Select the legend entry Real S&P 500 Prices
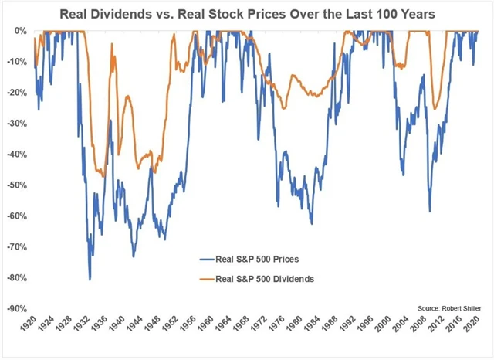click(x=255, y=260)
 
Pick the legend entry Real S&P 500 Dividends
click(x=262, y=278)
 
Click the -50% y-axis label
click(x=16, y=185)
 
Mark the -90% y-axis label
click(x=16, y=308)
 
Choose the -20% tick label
click(x=16, y=93)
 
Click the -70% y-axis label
click(x=16, y=247)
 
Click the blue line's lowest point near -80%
click(x=90, y=279)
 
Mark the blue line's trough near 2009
click(x=429, y=211)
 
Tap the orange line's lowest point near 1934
click(x=103, y=177)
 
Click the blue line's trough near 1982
click(x=311, y=223)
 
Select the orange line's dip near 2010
click(x=434, y=109)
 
